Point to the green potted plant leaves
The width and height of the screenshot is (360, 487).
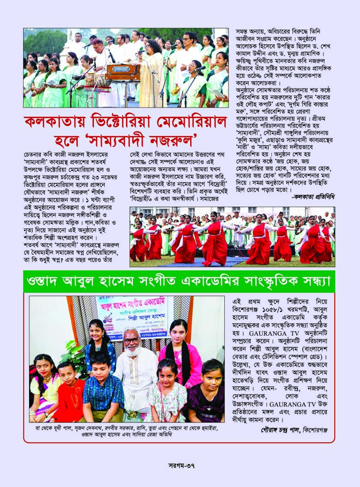[x=74, y=355]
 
